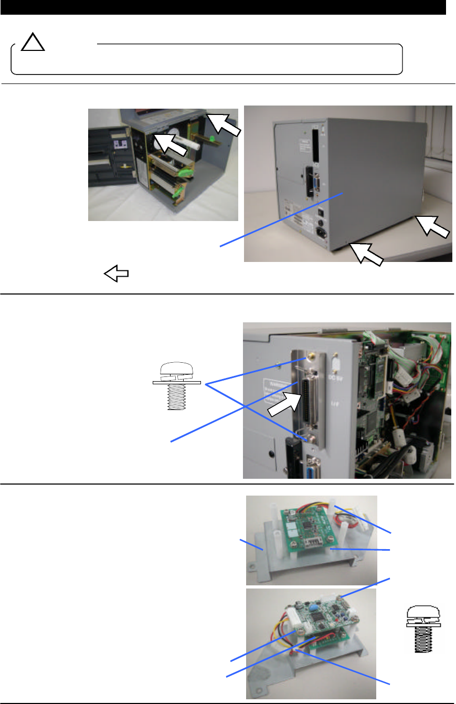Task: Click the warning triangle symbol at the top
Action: (33, 43)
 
